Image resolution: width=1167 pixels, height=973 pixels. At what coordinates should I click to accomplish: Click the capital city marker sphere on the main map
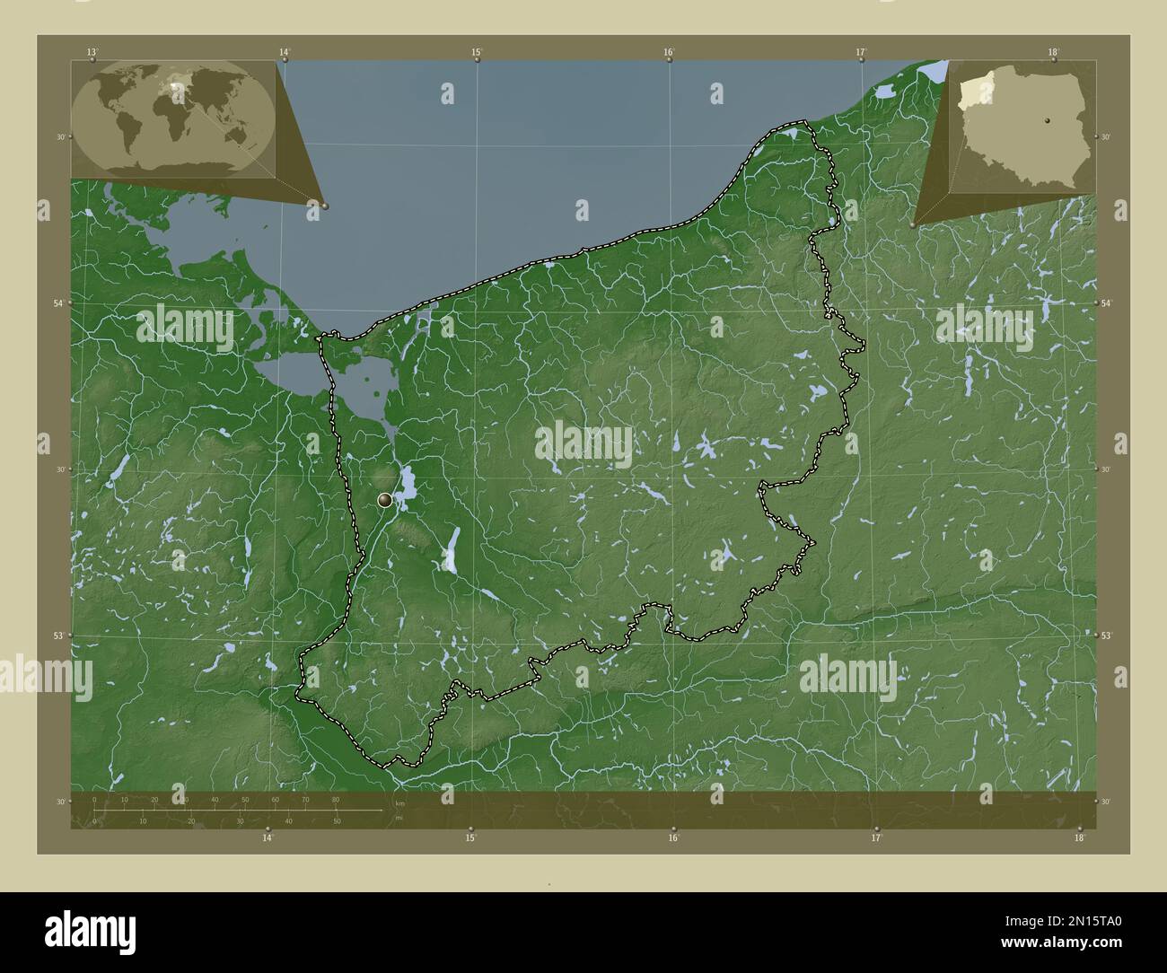point(385,499)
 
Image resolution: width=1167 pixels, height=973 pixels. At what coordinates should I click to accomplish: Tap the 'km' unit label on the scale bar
point(399,803)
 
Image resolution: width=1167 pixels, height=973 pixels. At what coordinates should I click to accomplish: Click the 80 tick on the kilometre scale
point(336,800)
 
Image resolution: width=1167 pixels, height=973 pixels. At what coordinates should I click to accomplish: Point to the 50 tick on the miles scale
point(337,820)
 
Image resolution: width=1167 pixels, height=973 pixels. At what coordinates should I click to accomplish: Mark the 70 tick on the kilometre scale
point(305,800)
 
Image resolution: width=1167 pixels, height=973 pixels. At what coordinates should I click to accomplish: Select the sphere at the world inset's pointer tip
point(325,206)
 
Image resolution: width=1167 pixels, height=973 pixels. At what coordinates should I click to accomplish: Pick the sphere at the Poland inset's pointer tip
point(913,225)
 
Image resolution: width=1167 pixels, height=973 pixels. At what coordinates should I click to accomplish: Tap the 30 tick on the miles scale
point(240,820)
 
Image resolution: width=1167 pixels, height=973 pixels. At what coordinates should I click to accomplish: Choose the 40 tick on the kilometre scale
point(215,800)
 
